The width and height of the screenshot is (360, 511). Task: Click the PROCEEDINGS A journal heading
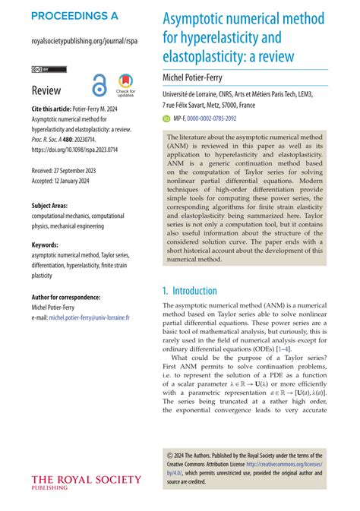pyautogui.click(x=74, y=15)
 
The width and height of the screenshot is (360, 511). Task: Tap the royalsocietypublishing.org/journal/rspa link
pyautogui.click(x=84, y=43)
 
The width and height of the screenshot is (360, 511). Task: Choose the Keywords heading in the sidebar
pyautogui.click(x=47, y=245)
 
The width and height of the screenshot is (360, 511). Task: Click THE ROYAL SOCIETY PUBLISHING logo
pyautogui.click(x=86, y=482)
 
